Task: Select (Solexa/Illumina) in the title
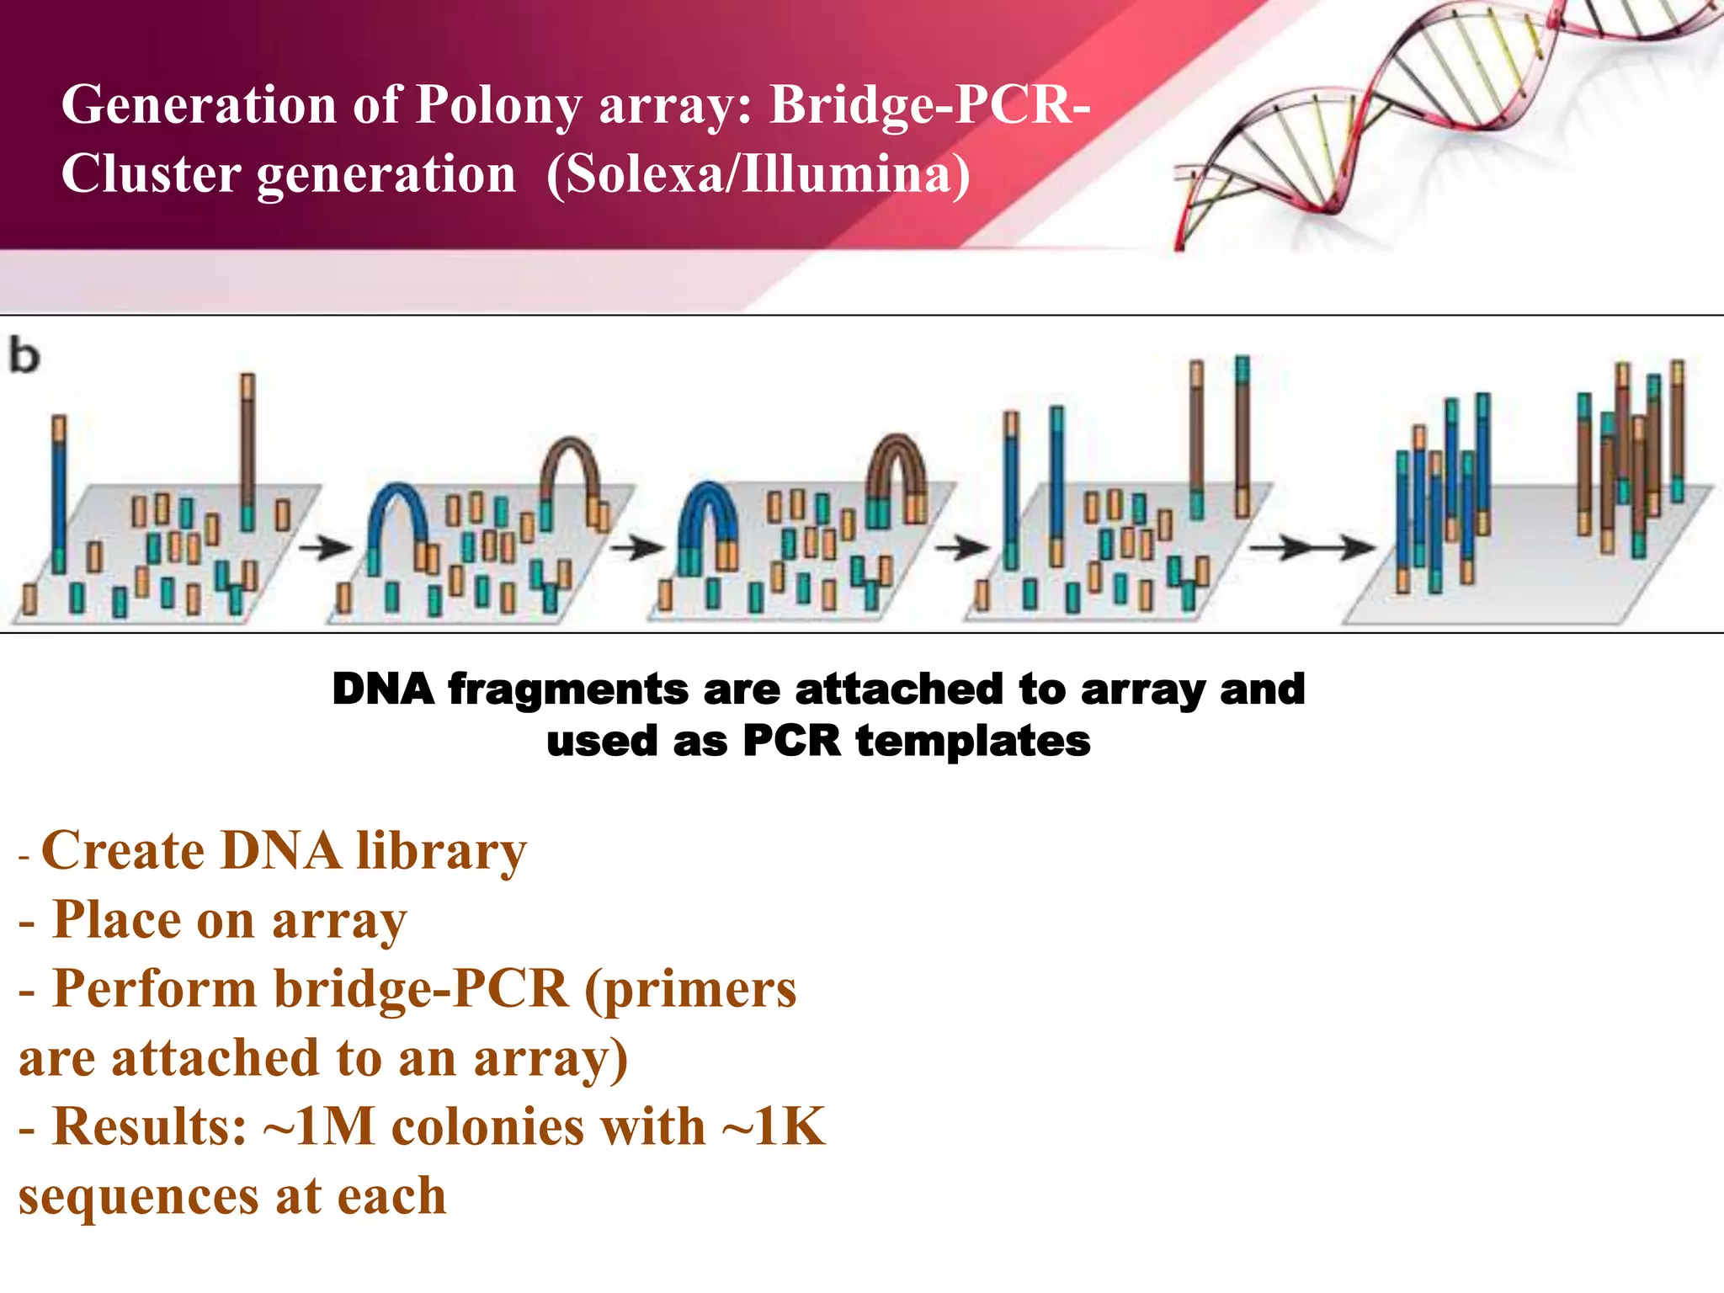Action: [758, 174]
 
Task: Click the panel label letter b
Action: [24, 355]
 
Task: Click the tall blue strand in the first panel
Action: [59, 497]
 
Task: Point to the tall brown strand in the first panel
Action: [247, 446]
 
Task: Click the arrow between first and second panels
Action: [325, 549]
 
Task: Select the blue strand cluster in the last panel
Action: [1441, 497]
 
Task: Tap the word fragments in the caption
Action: [569, 689]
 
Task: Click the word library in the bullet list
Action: [441, 852]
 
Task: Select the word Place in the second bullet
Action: [115, 920]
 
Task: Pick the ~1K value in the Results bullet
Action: [774, 1127]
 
